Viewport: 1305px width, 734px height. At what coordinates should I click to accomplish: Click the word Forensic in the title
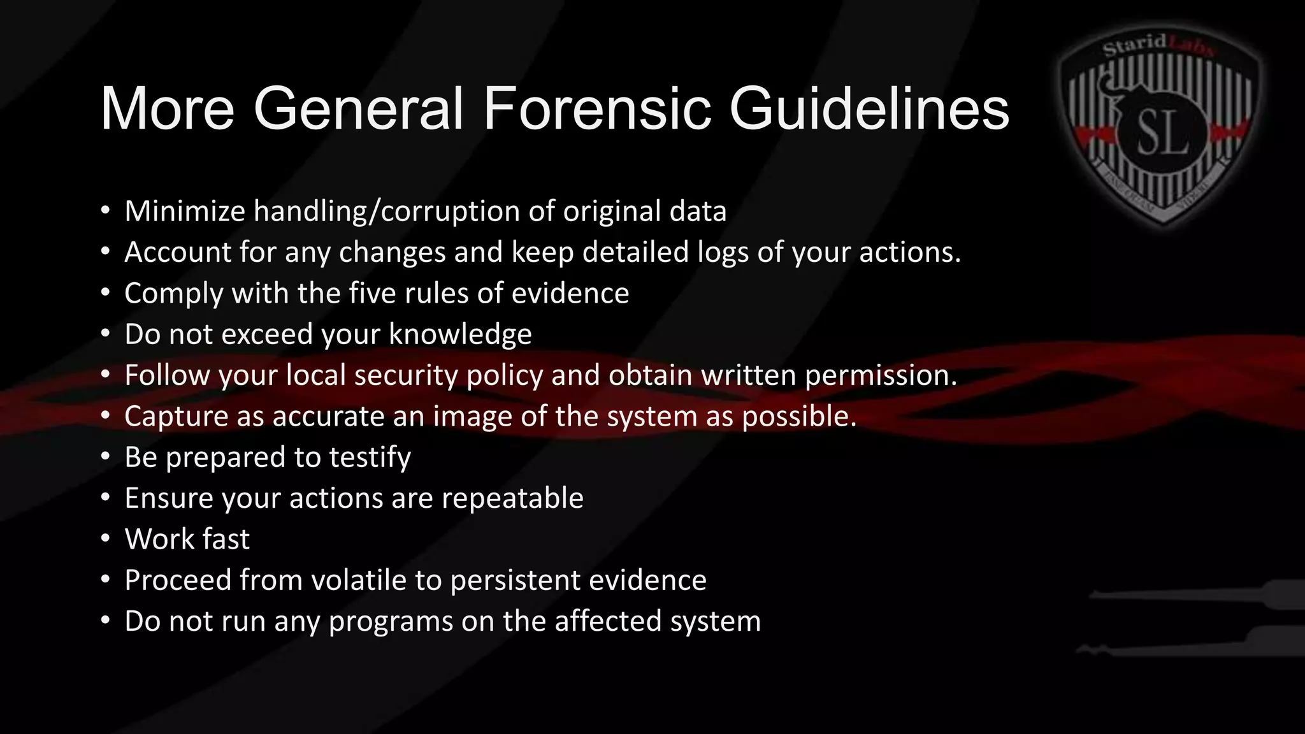pyautogui.click(x=596, y=108)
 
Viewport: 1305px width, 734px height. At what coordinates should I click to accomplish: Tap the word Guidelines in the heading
pyautogui.click(x=869, y=108)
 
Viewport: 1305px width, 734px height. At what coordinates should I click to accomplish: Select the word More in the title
pyautogui.click(x=168, y=108)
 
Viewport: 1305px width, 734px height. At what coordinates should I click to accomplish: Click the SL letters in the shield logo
pyautogui.click(x=1164, y=134)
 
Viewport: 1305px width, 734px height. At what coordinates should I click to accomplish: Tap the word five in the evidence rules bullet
pyautogui.click(x=371, y=293)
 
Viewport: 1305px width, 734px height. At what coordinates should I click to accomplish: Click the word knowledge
pyautogui.click(x=460, y=334)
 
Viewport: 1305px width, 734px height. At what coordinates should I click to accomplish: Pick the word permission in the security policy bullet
pyautogui.click(x=881, y=375)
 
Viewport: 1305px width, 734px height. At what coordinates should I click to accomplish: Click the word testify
pyautogui.click(x=370, y=457)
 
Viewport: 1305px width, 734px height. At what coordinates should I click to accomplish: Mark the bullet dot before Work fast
pyautogui.click(x=106, y=539)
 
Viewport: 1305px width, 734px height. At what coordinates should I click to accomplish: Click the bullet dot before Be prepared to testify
pyautogui.click(x=106, y=457)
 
